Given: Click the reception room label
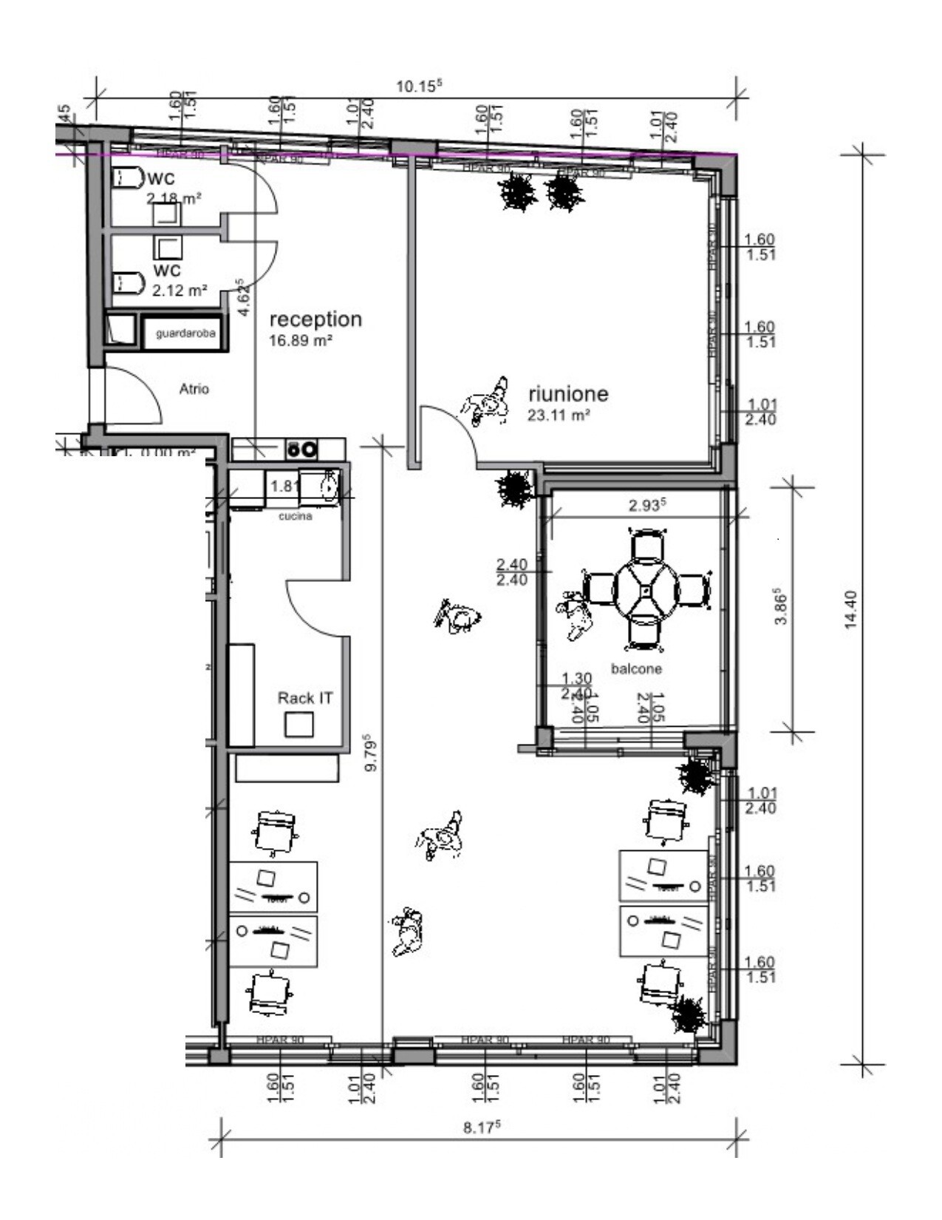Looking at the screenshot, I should [x=315, y=319].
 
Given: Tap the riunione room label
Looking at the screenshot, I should [x=568, y=393].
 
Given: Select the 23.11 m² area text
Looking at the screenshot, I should [x=559, y=416].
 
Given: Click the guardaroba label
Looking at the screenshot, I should [x=185, y=333].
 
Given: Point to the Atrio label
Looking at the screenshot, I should [x=194, y=389].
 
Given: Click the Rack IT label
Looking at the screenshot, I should [x=305, y=698].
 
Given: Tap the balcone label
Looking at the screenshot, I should [x=636, y=669].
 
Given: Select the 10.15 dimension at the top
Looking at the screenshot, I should [x=418, y=86].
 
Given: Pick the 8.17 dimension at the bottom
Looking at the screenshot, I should [x=482, y=1128].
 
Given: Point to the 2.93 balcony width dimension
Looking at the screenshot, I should [x=647, y=506].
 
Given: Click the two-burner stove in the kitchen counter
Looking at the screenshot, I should [x=302, y=449].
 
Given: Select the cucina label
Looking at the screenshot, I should [x=296, y=516].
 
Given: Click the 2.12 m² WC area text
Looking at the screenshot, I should [x=180, y=291].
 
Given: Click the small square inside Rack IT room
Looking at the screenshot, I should [x=299, y=725].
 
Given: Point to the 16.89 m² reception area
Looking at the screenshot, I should [x=301, y=342].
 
